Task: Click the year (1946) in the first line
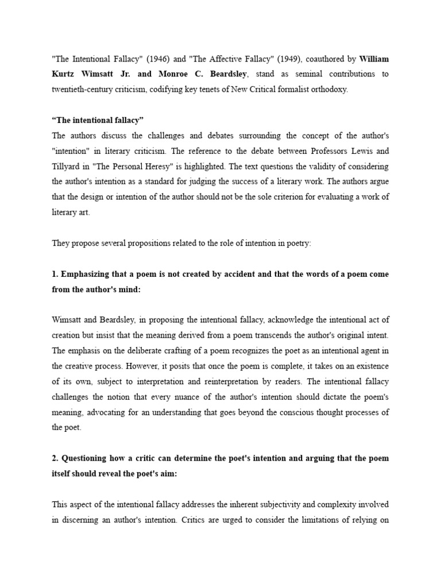156,59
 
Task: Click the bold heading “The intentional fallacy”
97,120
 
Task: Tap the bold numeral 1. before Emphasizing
55,274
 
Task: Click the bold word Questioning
87,458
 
